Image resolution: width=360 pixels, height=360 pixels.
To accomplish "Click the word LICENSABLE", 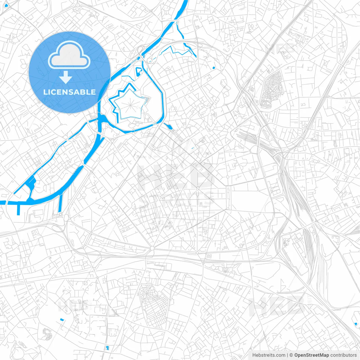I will pos(69,92).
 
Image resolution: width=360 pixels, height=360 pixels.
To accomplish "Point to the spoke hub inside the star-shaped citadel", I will pos(130,104).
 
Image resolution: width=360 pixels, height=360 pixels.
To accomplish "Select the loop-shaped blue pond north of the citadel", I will pos(139,72).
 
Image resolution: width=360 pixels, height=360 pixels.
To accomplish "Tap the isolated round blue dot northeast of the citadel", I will pos(214,68).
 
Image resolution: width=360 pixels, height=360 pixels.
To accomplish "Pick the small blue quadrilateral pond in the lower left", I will pos(62,319).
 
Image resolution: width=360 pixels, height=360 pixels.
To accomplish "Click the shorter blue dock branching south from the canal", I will pos(19,209).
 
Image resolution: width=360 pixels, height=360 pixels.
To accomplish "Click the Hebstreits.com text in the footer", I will pos(269,355).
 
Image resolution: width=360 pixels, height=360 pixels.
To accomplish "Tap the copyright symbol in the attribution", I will pos(291,355).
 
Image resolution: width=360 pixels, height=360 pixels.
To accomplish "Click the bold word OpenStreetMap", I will pos(312,355).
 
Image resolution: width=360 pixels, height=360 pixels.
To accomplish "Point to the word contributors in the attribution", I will pos(343,355).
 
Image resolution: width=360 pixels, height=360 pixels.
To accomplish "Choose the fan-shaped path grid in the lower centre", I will pos(153,305).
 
